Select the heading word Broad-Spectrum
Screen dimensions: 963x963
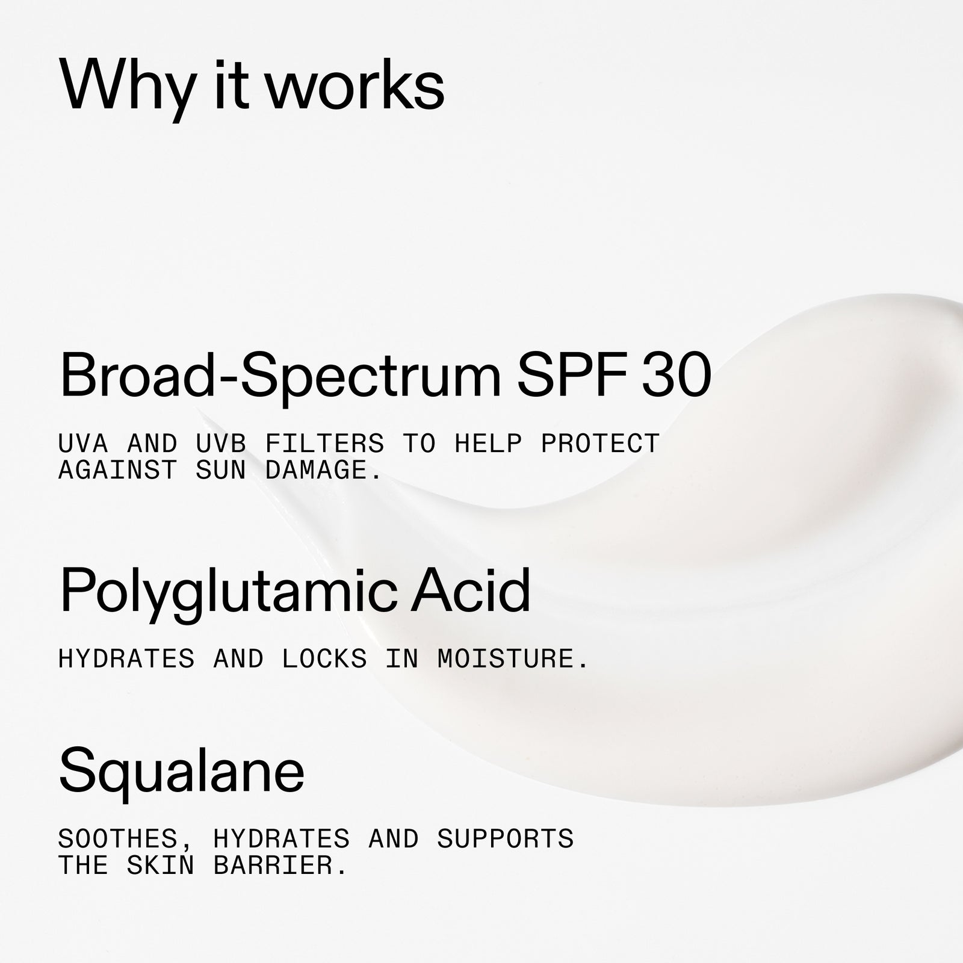tap(280, 375)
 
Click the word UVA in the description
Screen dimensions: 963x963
tap(83, 444)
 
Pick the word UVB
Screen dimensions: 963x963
tap(221, 444)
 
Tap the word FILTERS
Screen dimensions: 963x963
tap(324, 444)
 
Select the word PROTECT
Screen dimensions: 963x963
tap(600, 444)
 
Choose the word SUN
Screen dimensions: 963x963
tap(221, 470)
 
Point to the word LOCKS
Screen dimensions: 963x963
tap(324, 659)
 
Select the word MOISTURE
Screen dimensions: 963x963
tap(513, 659)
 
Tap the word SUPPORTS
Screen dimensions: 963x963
tap(506, 838)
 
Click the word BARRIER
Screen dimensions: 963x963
tap(280, 865)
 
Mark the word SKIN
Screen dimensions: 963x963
tap(161, 865)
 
